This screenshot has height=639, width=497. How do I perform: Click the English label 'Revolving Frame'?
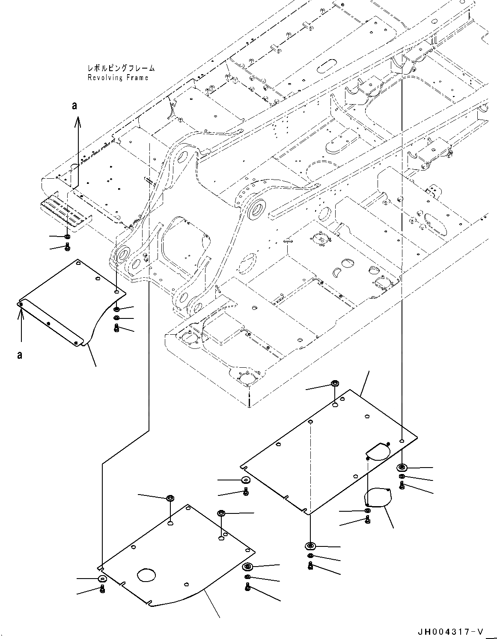click(x=118, y=78)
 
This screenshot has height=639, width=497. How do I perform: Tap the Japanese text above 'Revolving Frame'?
click(x=120, y=68)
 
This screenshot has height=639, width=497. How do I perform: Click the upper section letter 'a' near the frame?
click(x=74, y=105)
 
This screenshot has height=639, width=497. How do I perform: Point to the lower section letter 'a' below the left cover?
click(x=20, y=355)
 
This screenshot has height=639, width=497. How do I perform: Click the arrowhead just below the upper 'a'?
click(x=77, y=123)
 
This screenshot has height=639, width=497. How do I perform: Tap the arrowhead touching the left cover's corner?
click(x=20, y=311)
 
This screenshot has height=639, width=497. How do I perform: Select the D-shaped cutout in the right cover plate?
click(x=377, y=451)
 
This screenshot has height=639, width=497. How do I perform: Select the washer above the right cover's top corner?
click(x=334, y=383)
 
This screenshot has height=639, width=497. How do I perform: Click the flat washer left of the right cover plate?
click(x=246, y=480)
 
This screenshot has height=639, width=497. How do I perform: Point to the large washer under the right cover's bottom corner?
click(x=310, y=546)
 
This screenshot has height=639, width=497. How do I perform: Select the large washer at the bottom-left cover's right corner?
click(x=247, y=567)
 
